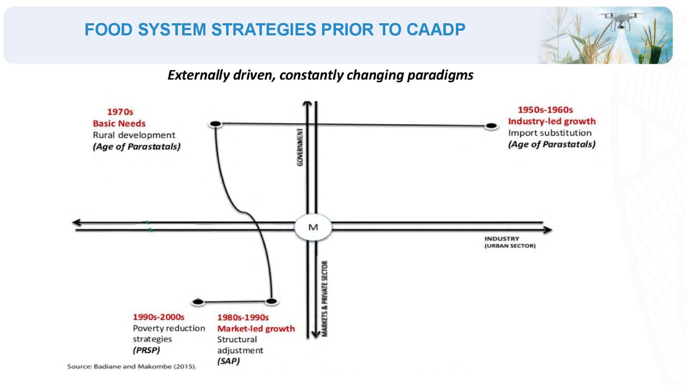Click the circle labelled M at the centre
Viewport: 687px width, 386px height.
pos(313,227)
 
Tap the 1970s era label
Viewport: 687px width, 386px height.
pos(120,112)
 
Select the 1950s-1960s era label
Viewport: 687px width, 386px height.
pos(545,110)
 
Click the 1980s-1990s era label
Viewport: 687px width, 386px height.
pos(243,317)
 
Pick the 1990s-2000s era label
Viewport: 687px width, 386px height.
pos(159,317)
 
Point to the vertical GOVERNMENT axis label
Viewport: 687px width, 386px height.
pos(300,147)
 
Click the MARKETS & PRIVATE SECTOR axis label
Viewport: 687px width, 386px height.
pos(325,299)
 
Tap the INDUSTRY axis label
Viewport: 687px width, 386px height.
pos(502,239)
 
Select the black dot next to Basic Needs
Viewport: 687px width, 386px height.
pos(215,124)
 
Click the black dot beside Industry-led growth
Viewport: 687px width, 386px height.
pos(491,126)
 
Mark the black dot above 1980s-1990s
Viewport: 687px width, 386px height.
pos(272,301)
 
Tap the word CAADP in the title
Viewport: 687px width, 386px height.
pos(436,30)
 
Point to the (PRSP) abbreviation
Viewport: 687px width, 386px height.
pos(146,350)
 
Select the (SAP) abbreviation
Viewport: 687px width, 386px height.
pos(228,361)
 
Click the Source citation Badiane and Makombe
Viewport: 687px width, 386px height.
pos(132,366)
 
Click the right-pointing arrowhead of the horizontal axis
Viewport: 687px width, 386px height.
pos(547,230)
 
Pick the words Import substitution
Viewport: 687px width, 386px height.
pos(550,133)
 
